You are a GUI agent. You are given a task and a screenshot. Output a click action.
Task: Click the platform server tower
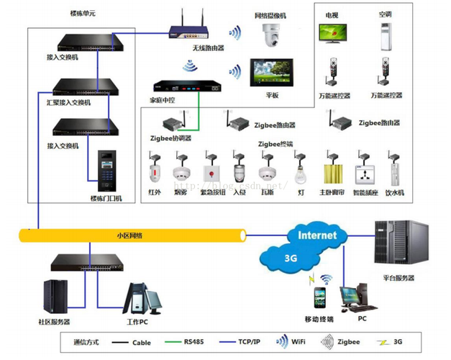396,244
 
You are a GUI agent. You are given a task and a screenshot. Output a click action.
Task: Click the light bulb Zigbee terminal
301,173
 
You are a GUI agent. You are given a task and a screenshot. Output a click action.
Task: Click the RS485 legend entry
186,343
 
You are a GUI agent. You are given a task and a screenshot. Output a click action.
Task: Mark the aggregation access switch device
74,86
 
